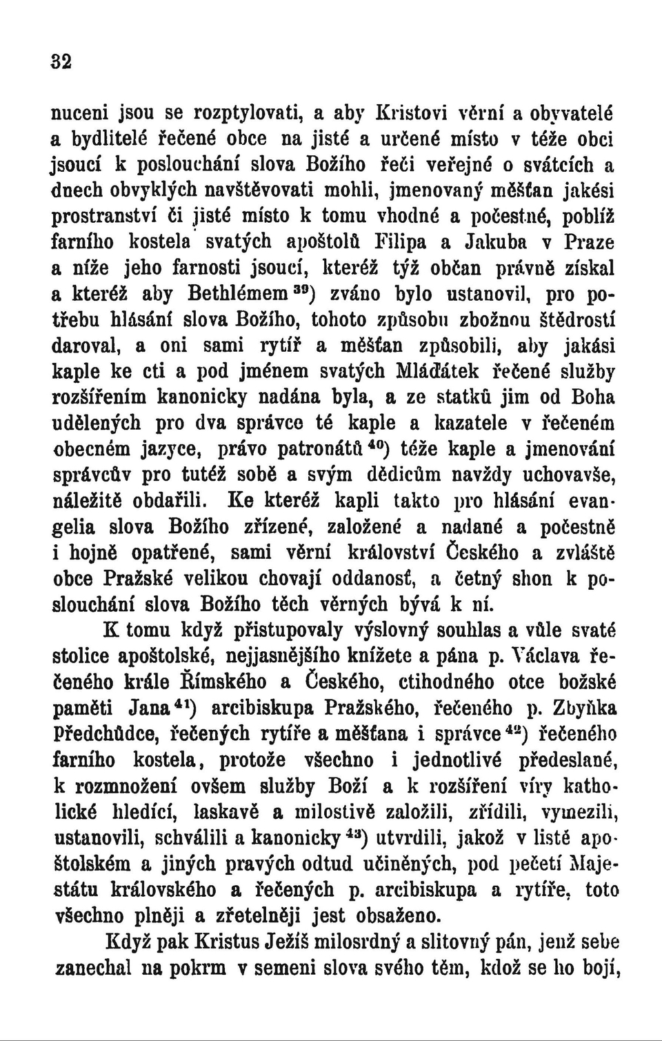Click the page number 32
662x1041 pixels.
click(61, 61)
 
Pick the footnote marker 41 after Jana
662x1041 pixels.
click(183, 702)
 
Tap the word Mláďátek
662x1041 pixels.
click(438, 372)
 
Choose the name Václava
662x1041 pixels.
click(548, 656)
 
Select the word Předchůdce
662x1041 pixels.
click(110, 734)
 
